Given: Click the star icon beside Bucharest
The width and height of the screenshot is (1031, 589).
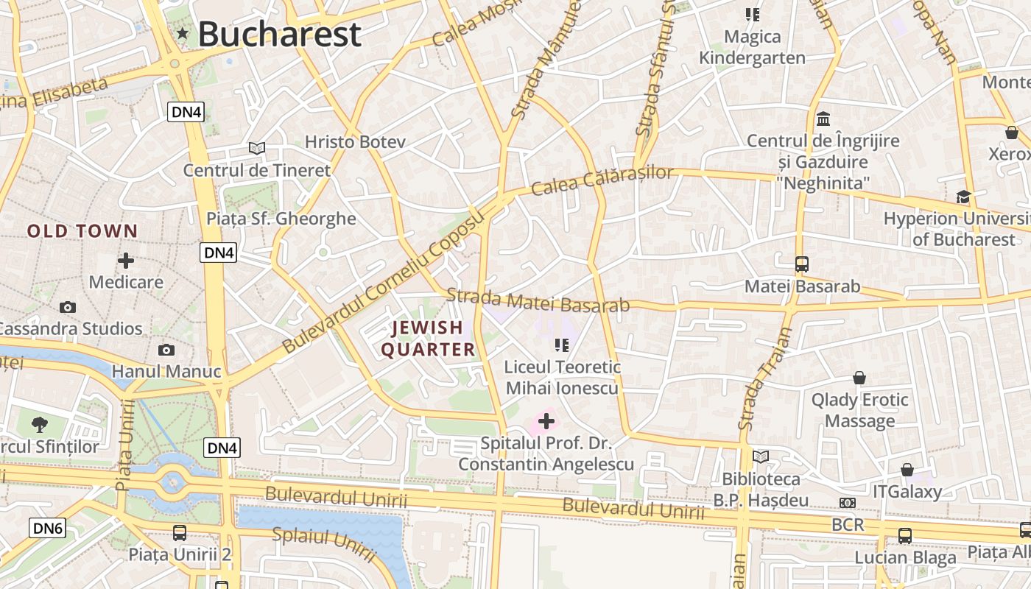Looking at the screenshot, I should click(183, 33).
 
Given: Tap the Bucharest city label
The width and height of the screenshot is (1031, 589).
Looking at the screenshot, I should click(279, 34).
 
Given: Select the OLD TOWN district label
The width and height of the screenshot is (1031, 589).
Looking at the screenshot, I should click(82, 231).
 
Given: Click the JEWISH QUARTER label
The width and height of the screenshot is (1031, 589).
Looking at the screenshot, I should click(428, 339).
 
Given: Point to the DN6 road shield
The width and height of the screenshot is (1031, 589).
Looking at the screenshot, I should click(48, 527).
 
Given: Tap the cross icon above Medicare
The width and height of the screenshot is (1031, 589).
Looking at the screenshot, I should click(126, 261).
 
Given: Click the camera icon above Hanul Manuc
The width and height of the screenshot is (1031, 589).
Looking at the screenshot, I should click(166, 350).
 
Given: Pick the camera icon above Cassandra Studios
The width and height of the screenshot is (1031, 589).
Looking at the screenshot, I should click(68, 307).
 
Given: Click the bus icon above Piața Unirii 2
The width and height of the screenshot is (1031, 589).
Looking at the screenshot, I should click(179, 532).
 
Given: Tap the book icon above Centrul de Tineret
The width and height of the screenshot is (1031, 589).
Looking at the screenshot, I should click(256, 149).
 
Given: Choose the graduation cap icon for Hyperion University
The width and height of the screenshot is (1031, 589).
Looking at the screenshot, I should click(963, 197).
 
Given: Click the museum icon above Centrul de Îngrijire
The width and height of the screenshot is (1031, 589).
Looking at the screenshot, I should click(823, 119).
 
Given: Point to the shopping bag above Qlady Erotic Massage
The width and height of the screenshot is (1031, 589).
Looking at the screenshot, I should click(859, 378).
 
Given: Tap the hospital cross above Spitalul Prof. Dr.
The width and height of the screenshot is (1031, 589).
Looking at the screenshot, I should click(546, 421).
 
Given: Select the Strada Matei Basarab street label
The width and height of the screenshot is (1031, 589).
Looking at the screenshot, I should click(538, 300).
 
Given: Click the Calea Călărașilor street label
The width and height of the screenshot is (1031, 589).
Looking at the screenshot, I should click(602, 181).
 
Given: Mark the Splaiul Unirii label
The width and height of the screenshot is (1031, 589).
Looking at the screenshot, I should click(324, 545).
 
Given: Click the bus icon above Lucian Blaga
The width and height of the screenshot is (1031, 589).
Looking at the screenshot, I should click(904, 536).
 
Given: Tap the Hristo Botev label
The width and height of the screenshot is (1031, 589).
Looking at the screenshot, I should click(355, 141).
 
